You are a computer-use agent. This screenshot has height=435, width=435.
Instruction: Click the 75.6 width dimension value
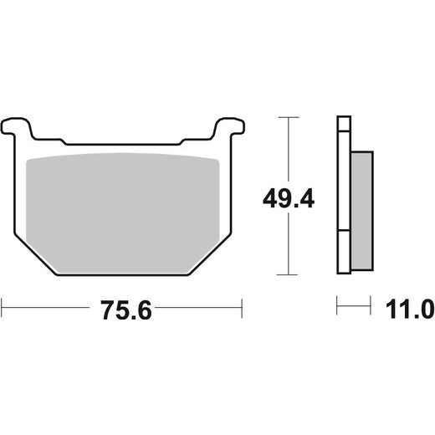point(126,310)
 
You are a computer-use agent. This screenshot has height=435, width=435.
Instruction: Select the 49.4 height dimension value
point(289,198)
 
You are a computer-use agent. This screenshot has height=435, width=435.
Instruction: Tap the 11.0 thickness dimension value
point(410,309)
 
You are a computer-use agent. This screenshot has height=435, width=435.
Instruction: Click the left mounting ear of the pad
point(16,127)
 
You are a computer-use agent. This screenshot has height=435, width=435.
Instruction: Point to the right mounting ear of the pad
point(229,127)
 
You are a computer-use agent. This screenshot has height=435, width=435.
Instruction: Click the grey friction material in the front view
point(122,212)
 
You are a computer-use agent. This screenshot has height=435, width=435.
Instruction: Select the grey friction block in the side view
point(361,211)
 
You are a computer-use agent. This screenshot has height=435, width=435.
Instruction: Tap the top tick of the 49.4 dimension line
point(289,117)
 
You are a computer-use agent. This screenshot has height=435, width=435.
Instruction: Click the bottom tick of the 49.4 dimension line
point(287,274)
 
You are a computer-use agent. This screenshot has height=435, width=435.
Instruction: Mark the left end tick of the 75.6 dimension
point(2,308)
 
